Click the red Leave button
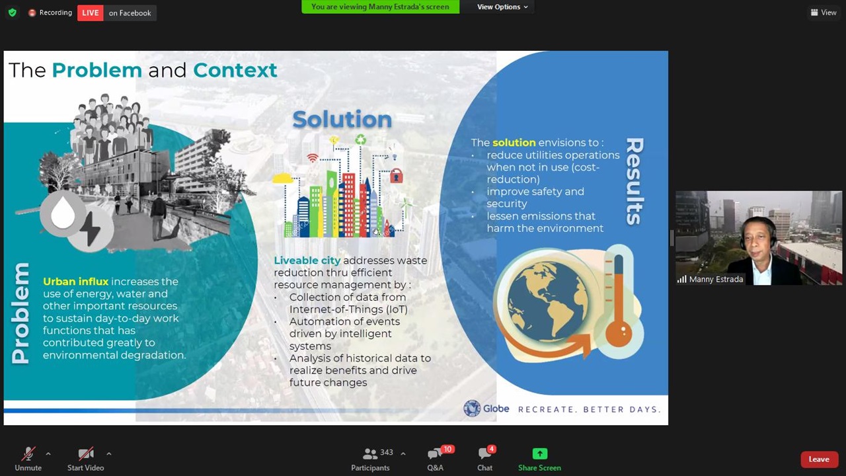(x=819, y=459)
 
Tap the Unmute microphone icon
(x=28, y=454)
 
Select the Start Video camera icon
(x=86, y=454)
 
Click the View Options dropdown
(x=502, y=7)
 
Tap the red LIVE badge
(x=91, y=13)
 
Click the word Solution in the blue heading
(x=342, y=120)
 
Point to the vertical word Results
(x=635, y=181)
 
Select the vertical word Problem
(x=20, y=313)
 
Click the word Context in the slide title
(x=235, y=70)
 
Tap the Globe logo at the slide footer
(x=486, y=409)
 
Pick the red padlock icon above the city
(x=396, y=175)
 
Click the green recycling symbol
(x=360, y=139)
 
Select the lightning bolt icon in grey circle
(x=90, y=229)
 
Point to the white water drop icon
(x=63, y=213)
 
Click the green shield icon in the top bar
(x=13, y=13)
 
